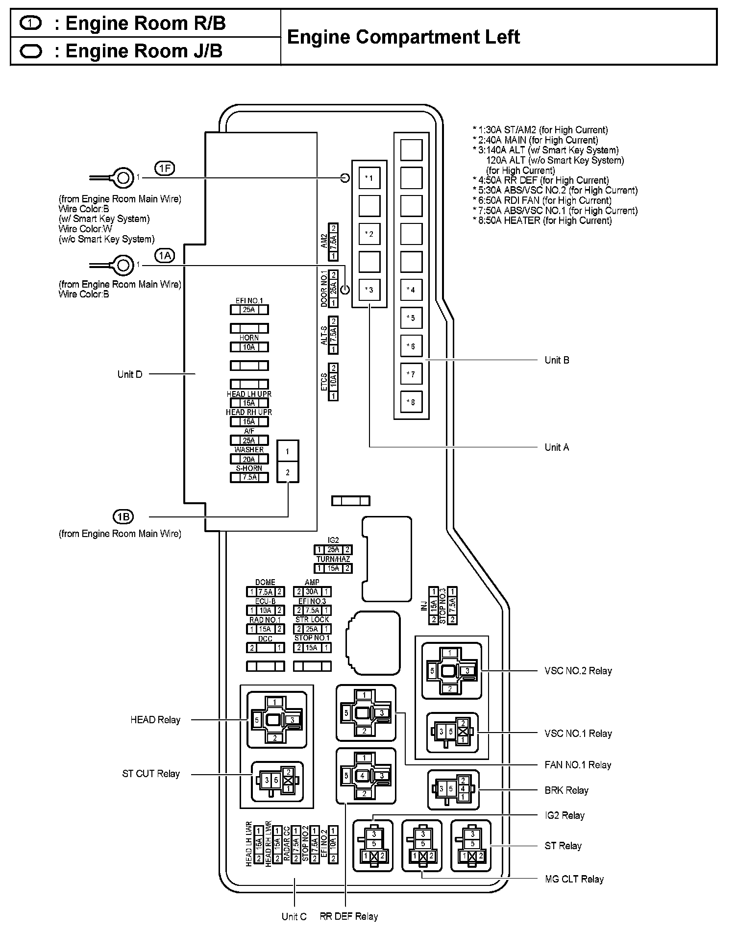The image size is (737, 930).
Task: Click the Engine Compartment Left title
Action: coord(403,37)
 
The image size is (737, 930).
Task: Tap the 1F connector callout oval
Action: coord(165,169)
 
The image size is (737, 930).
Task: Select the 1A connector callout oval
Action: coord(165,255)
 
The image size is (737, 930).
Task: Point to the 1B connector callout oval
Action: coord(123,516)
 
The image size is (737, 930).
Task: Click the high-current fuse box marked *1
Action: coord(369,178)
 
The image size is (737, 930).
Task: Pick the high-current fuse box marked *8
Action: coord(411,402)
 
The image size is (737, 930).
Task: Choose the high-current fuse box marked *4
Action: coord(411,290)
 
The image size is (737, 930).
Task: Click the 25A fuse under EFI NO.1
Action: coord(249,310)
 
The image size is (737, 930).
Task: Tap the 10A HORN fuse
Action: coord(249,347)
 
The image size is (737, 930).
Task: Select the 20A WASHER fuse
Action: coord(249,459)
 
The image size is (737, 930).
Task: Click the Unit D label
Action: coord(130,374)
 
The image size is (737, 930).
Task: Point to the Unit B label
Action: coord(557,360)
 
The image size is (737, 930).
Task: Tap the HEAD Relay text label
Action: coord(155,720)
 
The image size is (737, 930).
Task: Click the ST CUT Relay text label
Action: coord(151,774)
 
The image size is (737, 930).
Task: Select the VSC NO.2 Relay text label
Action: coord(578,671)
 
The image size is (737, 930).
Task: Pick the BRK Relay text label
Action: coord(566,790)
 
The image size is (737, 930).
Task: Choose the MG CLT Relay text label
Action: coord(574,879)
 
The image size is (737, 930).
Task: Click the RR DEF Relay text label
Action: coord(349,916)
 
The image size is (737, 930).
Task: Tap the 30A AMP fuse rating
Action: coord(312,592)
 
